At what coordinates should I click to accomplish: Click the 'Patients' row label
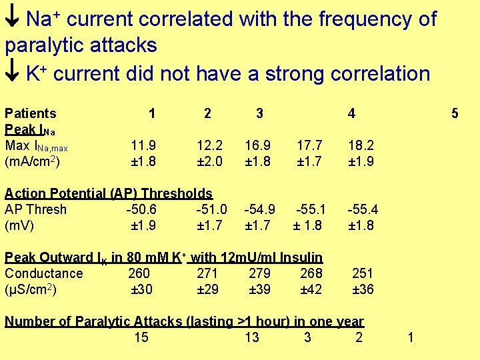click(x=31, y=114)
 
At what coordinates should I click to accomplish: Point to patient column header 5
click(x=455, y=114)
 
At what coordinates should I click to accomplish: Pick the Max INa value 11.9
click(x=144, y=145)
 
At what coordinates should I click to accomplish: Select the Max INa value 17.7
click(x=309, y=145)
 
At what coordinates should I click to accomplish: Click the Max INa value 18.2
click(x=361, y=145)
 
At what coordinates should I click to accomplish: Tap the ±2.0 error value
click(x=210, y=161)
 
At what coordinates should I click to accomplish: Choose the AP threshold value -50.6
click(x=141, y=209)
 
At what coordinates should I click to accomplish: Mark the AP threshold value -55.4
click(x=363, y=209)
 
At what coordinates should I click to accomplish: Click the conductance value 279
click(x=259, y=273)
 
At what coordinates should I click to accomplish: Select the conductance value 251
click(x=362, y=273)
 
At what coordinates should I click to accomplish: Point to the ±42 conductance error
click(x=311, y=289)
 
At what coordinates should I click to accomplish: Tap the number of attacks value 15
click(x=141, y=337)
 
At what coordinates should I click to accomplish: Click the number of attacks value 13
click(x=252, y=337)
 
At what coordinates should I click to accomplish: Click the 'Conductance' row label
click(x=44, y=273)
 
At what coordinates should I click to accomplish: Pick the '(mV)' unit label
click(x=19, y=225)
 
